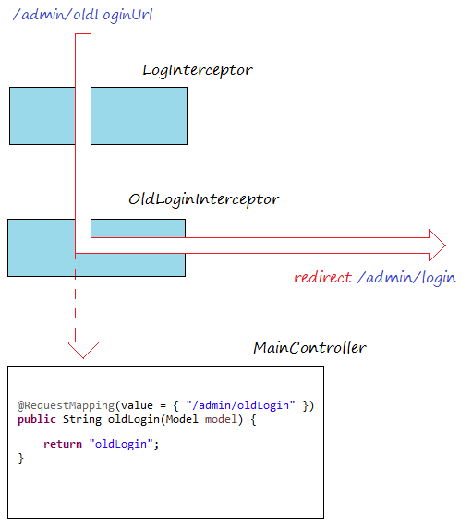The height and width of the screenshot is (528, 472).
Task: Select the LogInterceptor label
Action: [x=197, y=70]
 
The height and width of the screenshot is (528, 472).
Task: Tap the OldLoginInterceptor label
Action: [x=203, y=199]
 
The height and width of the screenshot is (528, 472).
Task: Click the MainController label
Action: [x=309, y=348]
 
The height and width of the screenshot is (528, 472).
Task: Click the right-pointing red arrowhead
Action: [x=437, y=245]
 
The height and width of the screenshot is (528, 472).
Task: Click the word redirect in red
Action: [x=321, y=277]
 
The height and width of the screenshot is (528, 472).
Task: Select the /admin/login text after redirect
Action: [x=406, y=277]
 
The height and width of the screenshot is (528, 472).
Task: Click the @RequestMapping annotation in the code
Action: [x=54, y=405]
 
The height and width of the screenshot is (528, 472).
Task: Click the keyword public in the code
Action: [x=36, y=419]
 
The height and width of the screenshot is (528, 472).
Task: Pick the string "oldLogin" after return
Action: [x=123, y=445]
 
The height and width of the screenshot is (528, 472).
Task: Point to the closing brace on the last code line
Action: [x=21, y=459]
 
